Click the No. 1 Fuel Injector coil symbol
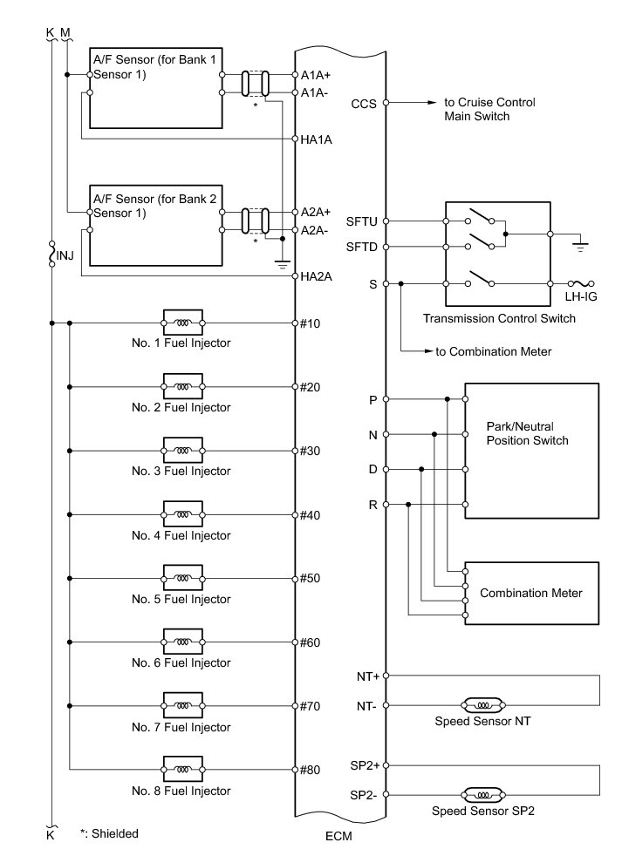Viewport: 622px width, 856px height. click(182, 323)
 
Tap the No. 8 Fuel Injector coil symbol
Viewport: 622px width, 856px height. click(182, 770)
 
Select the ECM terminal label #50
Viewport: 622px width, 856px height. click(310, 579)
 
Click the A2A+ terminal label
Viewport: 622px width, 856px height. click(315, 212)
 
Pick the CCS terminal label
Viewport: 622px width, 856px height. click(364, 103)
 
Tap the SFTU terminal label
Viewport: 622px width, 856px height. click(361, 221)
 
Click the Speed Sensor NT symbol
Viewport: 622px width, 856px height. click(481, 704)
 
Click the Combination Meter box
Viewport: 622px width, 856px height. click(531, 593)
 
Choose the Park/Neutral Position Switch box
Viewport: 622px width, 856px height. click(531, 451)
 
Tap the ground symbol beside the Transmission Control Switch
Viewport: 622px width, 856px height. click(578, 246)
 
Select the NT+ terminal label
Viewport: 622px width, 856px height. click(366, 676)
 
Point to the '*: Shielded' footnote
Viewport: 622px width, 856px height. click(108, 833)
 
